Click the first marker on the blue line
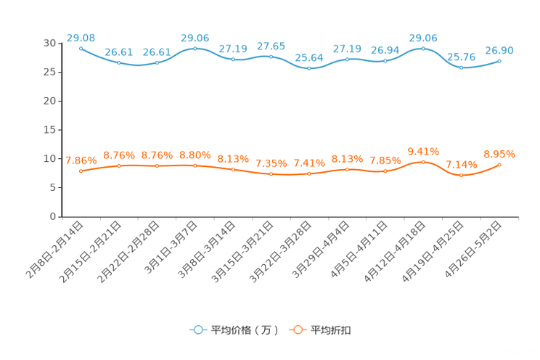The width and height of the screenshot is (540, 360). [x=81, y=49]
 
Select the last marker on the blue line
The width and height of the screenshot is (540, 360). [x=499, y=61]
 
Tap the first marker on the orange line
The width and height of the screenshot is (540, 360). [x=81, y=171]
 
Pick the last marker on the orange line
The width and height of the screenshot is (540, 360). [x=499, y=165]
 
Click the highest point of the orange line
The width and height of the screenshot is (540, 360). [x=423, y=162]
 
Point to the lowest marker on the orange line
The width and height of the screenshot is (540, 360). [x=461, y=175]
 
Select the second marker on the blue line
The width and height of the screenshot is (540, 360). [x=119, y=62]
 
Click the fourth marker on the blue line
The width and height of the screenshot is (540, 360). [x=195, y=49]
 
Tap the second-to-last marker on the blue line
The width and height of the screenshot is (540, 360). [x=461, y=67]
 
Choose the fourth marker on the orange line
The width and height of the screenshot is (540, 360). [x=195, y=165]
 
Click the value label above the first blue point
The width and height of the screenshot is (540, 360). [x=81, y=37]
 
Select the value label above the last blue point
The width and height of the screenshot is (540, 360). [x=499, y=50]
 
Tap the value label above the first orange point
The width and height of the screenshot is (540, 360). [x=81, y=160]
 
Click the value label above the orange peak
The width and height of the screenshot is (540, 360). [x=423, y=151]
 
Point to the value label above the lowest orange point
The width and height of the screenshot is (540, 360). [x=461, y=164]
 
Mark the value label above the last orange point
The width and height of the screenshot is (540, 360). [x=499, y=154]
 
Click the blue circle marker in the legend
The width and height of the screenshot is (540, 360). [x=197, y=330]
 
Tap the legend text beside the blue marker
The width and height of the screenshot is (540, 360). [x=245, y=330]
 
